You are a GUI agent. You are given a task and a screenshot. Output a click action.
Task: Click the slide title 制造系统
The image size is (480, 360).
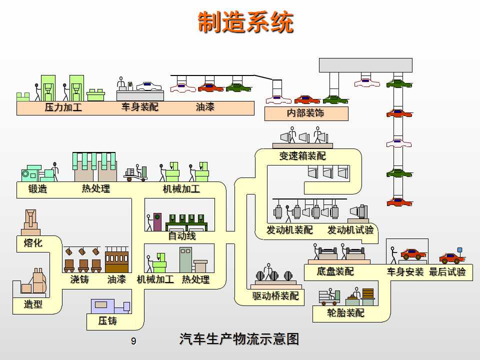click(x=245, y=22)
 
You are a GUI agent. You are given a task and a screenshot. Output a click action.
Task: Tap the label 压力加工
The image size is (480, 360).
click(x=63, y=107)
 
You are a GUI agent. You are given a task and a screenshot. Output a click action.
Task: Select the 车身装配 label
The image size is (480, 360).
click(x=139, y=107)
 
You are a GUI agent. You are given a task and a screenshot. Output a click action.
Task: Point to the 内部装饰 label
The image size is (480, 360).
click(x=305, y=113)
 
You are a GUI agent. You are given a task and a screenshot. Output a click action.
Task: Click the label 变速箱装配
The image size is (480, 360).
click(x=302, y=156)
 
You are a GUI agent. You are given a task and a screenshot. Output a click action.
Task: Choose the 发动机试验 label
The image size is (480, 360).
click(x=350, y=230)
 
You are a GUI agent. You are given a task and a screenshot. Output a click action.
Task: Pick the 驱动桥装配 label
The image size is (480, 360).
click(x=275, y=296)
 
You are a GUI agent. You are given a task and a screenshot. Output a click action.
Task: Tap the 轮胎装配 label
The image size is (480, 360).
click(x=345, y=313)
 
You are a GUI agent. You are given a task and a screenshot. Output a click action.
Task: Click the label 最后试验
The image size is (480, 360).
click(x=447, y=272)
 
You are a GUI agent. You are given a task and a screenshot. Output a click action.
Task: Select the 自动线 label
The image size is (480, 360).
click(x=182, y=236)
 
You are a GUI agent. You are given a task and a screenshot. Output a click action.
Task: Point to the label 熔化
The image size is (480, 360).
click(x=33, y=243)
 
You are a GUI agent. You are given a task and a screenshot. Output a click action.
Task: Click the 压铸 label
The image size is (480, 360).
click(x=107, y=321)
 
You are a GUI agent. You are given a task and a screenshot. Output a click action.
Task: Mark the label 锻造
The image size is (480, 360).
click(x=37, y=189)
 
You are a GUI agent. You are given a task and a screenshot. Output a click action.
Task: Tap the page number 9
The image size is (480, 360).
click(x=133, y=341)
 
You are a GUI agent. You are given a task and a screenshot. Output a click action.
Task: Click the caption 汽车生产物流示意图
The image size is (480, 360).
click(x=239, y=339)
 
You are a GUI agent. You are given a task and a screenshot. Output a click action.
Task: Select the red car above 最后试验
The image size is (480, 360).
click(x=451, y=258)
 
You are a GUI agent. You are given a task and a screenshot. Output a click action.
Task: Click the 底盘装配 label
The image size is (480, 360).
click(x=335, y=271)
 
